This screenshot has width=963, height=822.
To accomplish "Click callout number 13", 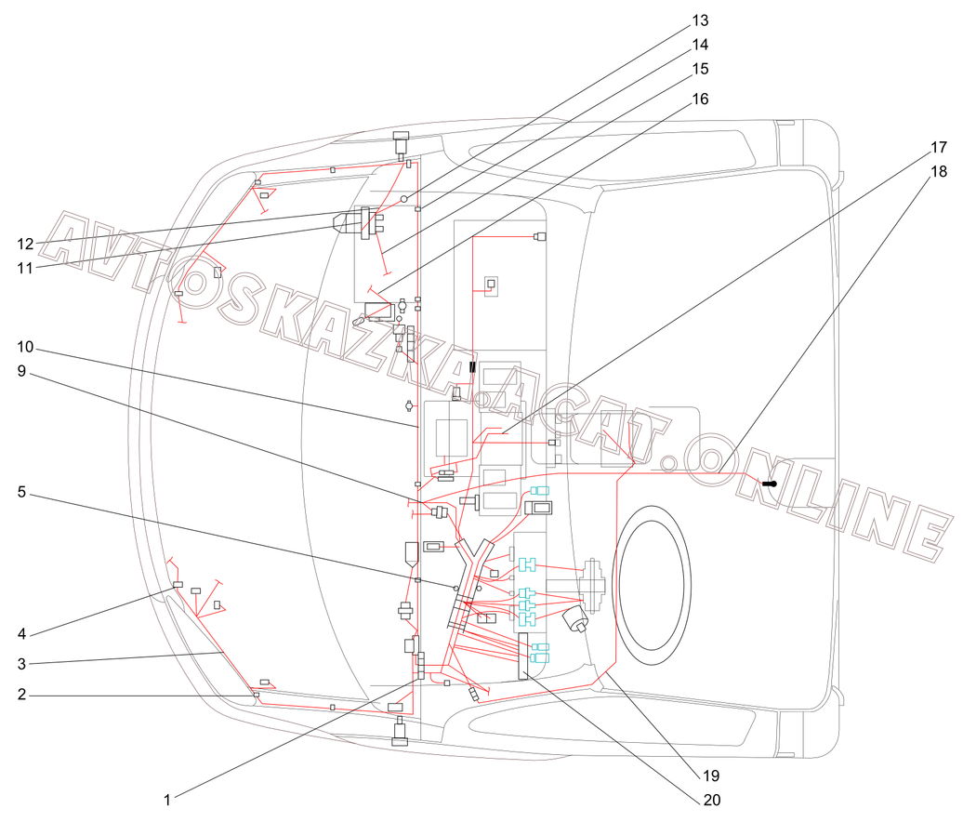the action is [x=700, y=20].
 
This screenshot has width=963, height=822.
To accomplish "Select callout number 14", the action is [x=700, y=45].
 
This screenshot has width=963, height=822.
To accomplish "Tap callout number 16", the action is [x=700, y=99].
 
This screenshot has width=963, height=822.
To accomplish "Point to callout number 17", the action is [x=939, y=148].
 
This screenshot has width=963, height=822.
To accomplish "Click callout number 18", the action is [x=939, y=171].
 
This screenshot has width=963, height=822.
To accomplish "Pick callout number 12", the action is [x=25, y=244].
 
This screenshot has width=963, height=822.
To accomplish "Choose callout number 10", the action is [x=25, y=347].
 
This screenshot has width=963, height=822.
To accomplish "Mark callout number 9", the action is [x=21, y=371].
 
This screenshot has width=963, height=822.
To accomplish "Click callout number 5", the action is [x=21, y=492].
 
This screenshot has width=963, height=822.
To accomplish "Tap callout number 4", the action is [x=21, y=633].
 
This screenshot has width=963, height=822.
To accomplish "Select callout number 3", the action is [x=21, y=664].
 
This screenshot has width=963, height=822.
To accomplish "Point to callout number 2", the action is [x=21, y=695].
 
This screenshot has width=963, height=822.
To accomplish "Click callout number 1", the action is [x=166, y=800].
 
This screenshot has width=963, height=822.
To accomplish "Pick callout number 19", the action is [x=711, y=776].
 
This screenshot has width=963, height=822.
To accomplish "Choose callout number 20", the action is [x=711, y=800].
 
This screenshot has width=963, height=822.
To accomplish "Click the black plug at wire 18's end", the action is [x=771, y=484].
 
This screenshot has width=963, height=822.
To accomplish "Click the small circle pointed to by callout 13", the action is [x=404, y=198].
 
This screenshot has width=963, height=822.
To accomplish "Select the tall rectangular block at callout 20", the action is [x=523, y=656].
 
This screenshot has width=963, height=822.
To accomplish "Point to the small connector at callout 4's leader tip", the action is [x=178, y=584].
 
